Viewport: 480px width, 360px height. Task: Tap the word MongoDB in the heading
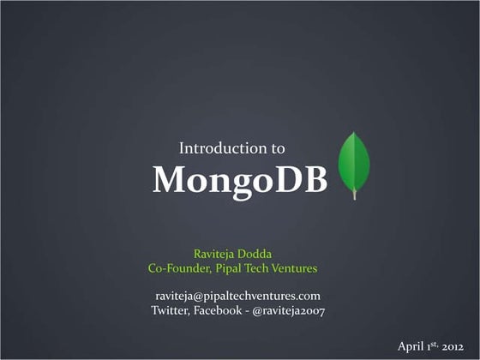tap(239, 179)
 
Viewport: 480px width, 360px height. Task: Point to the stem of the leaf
tap(354, 195)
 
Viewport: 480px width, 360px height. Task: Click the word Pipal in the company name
tap(231, 268)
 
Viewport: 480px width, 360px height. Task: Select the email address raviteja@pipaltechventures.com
tap(237, 295)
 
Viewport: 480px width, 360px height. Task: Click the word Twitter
tap(171, 309)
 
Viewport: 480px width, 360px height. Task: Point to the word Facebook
tap(219, 309)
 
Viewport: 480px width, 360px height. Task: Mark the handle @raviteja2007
tap(289, 309)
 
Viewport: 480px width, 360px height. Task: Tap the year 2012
tap(452, 346)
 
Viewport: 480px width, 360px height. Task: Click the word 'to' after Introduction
tap(279, 148)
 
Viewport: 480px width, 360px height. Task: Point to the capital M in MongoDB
tap(168, 179)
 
